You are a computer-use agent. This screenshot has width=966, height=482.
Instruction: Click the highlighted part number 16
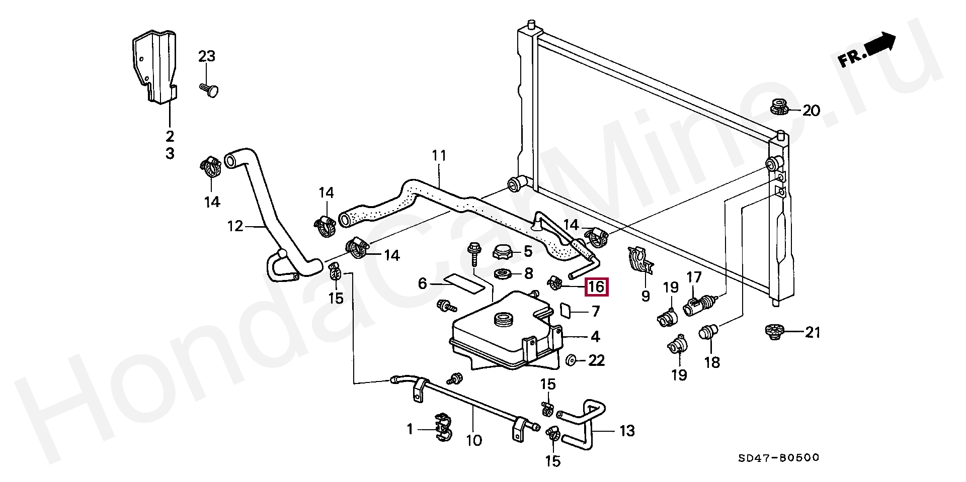click(x=596, y=287)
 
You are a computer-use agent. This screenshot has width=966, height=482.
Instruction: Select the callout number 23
click(x=206, y=56)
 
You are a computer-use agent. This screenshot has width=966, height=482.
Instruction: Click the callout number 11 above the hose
click(x=439, y=156)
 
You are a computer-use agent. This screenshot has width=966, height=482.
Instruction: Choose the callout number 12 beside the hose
click(x=235, y=226)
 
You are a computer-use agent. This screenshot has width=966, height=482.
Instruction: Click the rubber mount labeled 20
click(x=779, y=107)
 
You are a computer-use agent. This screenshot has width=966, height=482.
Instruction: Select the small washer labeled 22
click(x=572, y=360)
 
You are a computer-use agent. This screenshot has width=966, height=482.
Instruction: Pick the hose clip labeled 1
click(x=443, y=429)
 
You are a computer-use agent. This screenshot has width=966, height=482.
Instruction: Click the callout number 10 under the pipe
click(x=474, y=441)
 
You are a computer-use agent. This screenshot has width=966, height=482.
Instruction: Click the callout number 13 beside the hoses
click(x=627, y=430)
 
